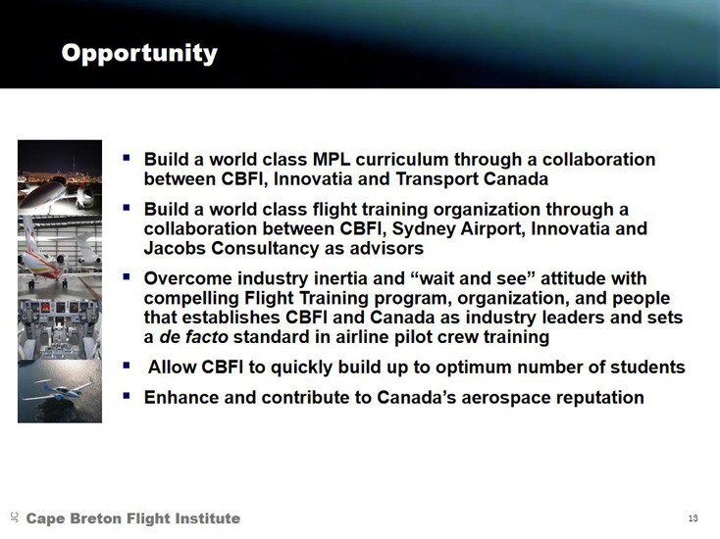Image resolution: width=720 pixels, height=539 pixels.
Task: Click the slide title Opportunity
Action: click(x=139, y=54)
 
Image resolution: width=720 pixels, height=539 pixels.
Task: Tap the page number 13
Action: click(x=693, y=518)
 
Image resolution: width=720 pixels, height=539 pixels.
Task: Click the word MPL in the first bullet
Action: click(x=332, y=160)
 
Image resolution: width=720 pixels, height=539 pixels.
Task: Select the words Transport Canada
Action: click(x=472, y=179)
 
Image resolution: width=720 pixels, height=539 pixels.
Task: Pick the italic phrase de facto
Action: click(x=193, y=337)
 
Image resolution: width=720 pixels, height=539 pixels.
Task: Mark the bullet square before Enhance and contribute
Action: click(x=127, y=395)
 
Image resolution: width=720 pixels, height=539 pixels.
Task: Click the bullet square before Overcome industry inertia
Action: click(x=127, y=275)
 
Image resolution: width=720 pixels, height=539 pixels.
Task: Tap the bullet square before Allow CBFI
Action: click(x=127, y=365)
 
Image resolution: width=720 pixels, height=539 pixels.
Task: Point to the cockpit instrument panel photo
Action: click(x=60, y=329)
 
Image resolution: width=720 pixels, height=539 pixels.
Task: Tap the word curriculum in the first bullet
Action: click(x=401, y=160)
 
